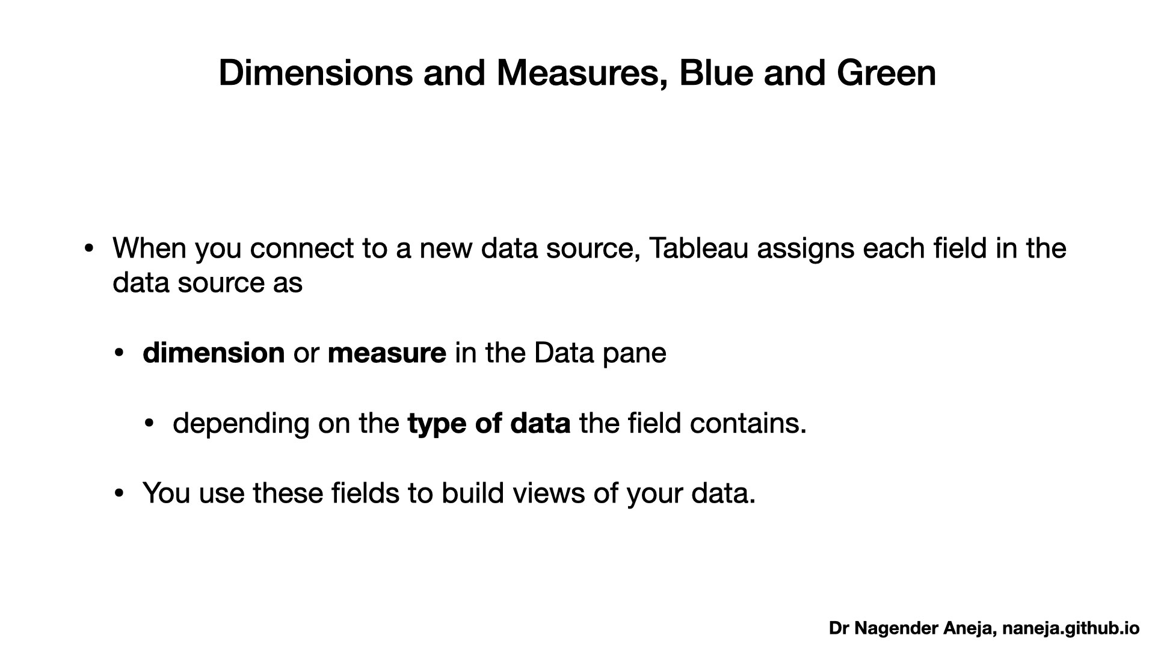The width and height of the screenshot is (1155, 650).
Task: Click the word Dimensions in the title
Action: coord(316,73)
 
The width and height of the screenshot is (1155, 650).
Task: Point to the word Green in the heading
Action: coord(886,73)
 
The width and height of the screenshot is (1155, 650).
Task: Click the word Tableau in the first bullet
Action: coord(698,248)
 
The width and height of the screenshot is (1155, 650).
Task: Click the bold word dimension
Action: coord(214,353)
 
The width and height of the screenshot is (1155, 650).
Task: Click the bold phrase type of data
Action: coord(489,424)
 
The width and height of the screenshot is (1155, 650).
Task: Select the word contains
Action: coord(748,424)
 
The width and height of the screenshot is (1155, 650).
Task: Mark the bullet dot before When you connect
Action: coord(89,249)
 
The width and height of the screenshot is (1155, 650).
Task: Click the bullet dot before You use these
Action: coord(119,494)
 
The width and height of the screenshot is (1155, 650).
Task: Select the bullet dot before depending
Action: coord(149,424)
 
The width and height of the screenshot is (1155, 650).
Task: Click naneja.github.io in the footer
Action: coord(1071,629)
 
